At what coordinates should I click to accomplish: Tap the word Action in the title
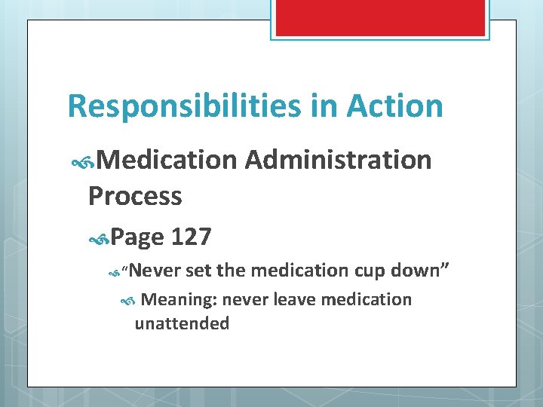(394, 106)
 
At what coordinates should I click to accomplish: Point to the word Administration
(339, 160)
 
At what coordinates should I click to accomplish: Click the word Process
(135, 196)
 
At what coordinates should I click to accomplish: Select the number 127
(192, 237)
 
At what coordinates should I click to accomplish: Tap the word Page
(138, 237)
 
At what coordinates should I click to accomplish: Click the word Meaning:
(179, 300)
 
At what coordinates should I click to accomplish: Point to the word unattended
(182, 324)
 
